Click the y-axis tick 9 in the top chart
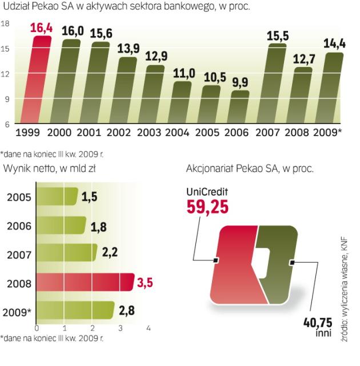[7, 99]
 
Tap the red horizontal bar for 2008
[85, 282]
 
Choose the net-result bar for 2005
[57, 196]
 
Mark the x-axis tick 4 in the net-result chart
[148, 328]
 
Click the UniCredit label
[209, 191]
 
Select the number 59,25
[208, 206]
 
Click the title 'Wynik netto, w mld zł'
[45, 169]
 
